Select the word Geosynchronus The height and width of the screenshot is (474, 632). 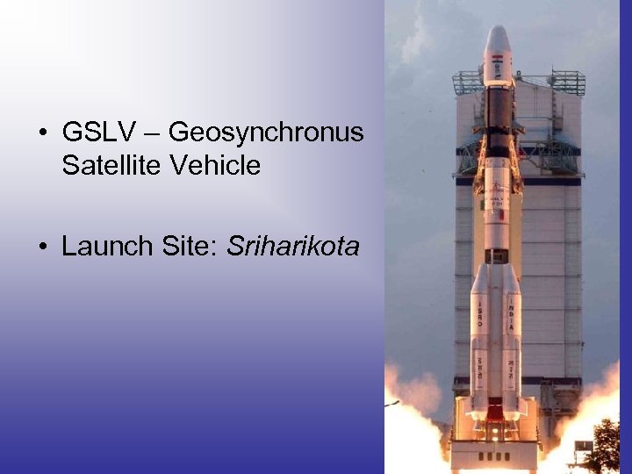pos(265,133)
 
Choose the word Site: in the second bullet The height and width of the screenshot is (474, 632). pos(191,248)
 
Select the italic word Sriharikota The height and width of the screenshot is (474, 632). pos(293,248)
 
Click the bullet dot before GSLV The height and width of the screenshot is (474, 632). pos(42,133)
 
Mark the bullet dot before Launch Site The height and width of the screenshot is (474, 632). pos(42,248)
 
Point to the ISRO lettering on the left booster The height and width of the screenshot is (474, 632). pos(480,312)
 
